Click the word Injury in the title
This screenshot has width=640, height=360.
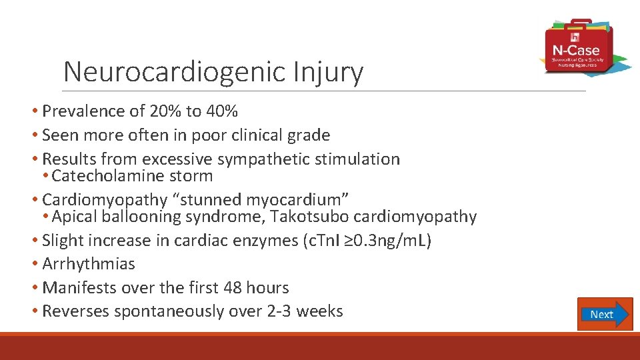pyautogui.click(x=331, y=72)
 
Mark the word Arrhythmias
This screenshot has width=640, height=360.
pyautogui.click(x=89, y=264)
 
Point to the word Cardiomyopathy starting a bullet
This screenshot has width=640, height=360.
pyautogui.click(x=105, y=199)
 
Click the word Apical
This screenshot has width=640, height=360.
pyautogui.click(x=75, y=217)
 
